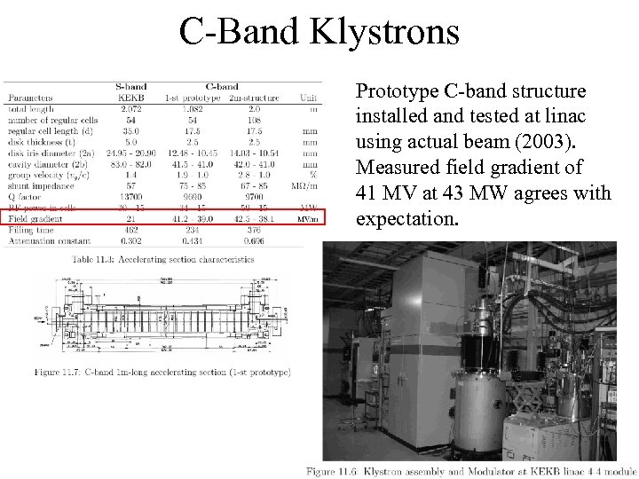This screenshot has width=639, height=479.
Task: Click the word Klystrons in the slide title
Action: click(x=384, y=32)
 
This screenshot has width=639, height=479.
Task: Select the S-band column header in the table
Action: click(x=130, y=87)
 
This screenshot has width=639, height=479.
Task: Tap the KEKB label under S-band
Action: click(x=130, y=98)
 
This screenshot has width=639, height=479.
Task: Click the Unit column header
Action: click(x=309, y=98)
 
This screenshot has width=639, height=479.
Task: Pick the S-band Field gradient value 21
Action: click(x=130, y=217)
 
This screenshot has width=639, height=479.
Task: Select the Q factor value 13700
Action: click(x=130, y=196)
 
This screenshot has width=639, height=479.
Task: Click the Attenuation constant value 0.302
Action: click(x=130, y=239)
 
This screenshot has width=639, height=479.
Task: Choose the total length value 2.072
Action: click(x=130, y=108)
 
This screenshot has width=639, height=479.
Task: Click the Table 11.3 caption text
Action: click(x=162, y=259)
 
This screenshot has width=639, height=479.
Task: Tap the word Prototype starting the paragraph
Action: click(x=396, y=91)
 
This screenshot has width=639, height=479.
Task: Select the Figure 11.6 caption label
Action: click(x=336, y=471)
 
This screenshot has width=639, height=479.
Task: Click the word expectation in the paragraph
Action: click(x=407, y=218)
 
